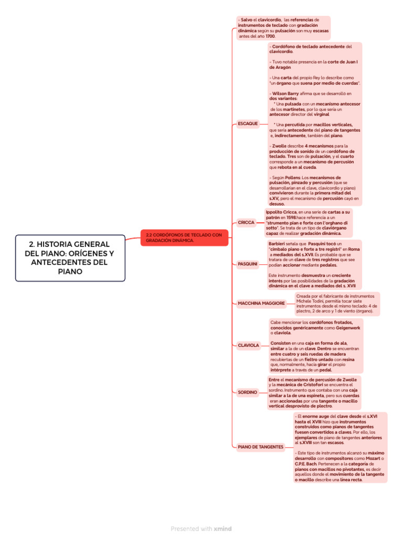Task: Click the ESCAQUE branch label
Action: coord(248,123)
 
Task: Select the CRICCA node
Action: coord(246,222)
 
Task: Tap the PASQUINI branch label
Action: coord(248,264)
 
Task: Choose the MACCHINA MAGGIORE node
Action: coord(261,303)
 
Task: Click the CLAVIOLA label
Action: coord(248,345)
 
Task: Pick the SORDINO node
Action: coord(248,392)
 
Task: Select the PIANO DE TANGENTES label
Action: coord(260,447)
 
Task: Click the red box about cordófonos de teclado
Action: coord(184,237)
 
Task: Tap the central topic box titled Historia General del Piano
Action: coord(70,258)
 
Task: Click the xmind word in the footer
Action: coord(223,529)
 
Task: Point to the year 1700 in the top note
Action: coord(270,36)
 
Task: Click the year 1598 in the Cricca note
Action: coord(288,217)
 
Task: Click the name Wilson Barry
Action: coord(285,93)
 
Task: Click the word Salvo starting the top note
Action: coord(247,19)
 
